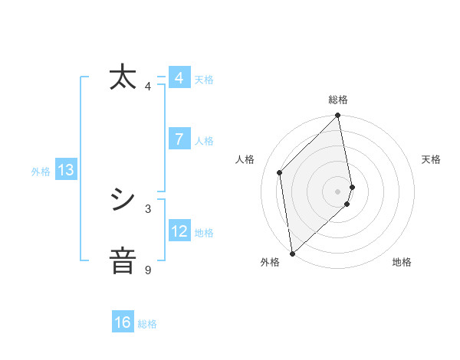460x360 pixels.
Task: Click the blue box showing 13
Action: (x=66, y=171)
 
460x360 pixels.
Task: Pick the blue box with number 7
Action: (x=179, y=139)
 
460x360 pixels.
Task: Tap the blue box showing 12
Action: (x=179, y=231)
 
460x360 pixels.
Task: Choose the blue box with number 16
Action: (x=123, y=322)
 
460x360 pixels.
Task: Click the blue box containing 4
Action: (x=179, y=78)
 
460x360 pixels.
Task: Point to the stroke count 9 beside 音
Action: (x=148, y=270)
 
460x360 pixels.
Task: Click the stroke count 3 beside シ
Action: (x=148, y=208)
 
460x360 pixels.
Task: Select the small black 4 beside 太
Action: (x=148, y=86)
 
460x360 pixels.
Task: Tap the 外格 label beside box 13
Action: (x=41, y=172)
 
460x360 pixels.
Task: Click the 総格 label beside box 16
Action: (x=147, y=324)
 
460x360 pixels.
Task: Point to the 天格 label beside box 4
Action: (x=204, y=80)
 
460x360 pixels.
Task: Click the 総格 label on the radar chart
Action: (x=338, y=100)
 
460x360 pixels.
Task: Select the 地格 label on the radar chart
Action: (x=402, y=262)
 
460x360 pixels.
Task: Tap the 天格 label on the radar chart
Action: (x=431, y=159)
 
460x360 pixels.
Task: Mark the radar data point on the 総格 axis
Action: (x=338, y=116)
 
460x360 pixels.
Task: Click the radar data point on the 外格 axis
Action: (x=292, y=254)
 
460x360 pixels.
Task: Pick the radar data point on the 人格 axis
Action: (x=280, y=172)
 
